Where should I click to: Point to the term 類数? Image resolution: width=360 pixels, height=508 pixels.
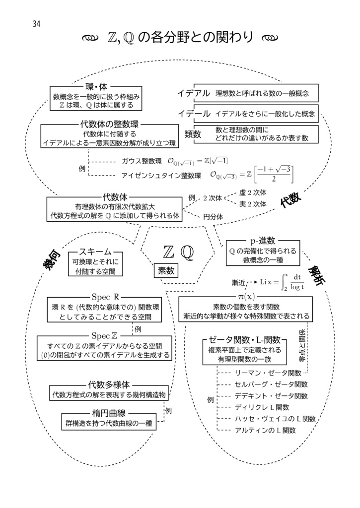point(193,134)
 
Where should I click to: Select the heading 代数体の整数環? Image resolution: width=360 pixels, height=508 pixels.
point(109,124)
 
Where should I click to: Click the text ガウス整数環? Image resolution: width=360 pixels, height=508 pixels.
point(142,161)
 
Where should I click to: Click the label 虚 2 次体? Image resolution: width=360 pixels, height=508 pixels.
point(253,192)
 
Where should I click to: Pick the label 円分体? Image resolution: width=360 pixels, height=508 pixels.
point(213,216)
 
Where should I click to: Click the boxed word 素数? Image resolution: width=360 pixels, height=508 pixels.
point(166,270)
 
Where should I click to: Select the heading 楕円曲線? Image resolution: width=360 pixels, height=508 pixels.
point(108,413)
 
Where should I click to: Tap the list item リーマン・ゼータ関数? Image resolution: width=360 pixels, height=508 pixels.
point(268,373)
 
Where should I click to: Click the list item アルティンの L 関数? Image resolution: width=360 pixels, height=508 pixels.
point(266,430)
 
